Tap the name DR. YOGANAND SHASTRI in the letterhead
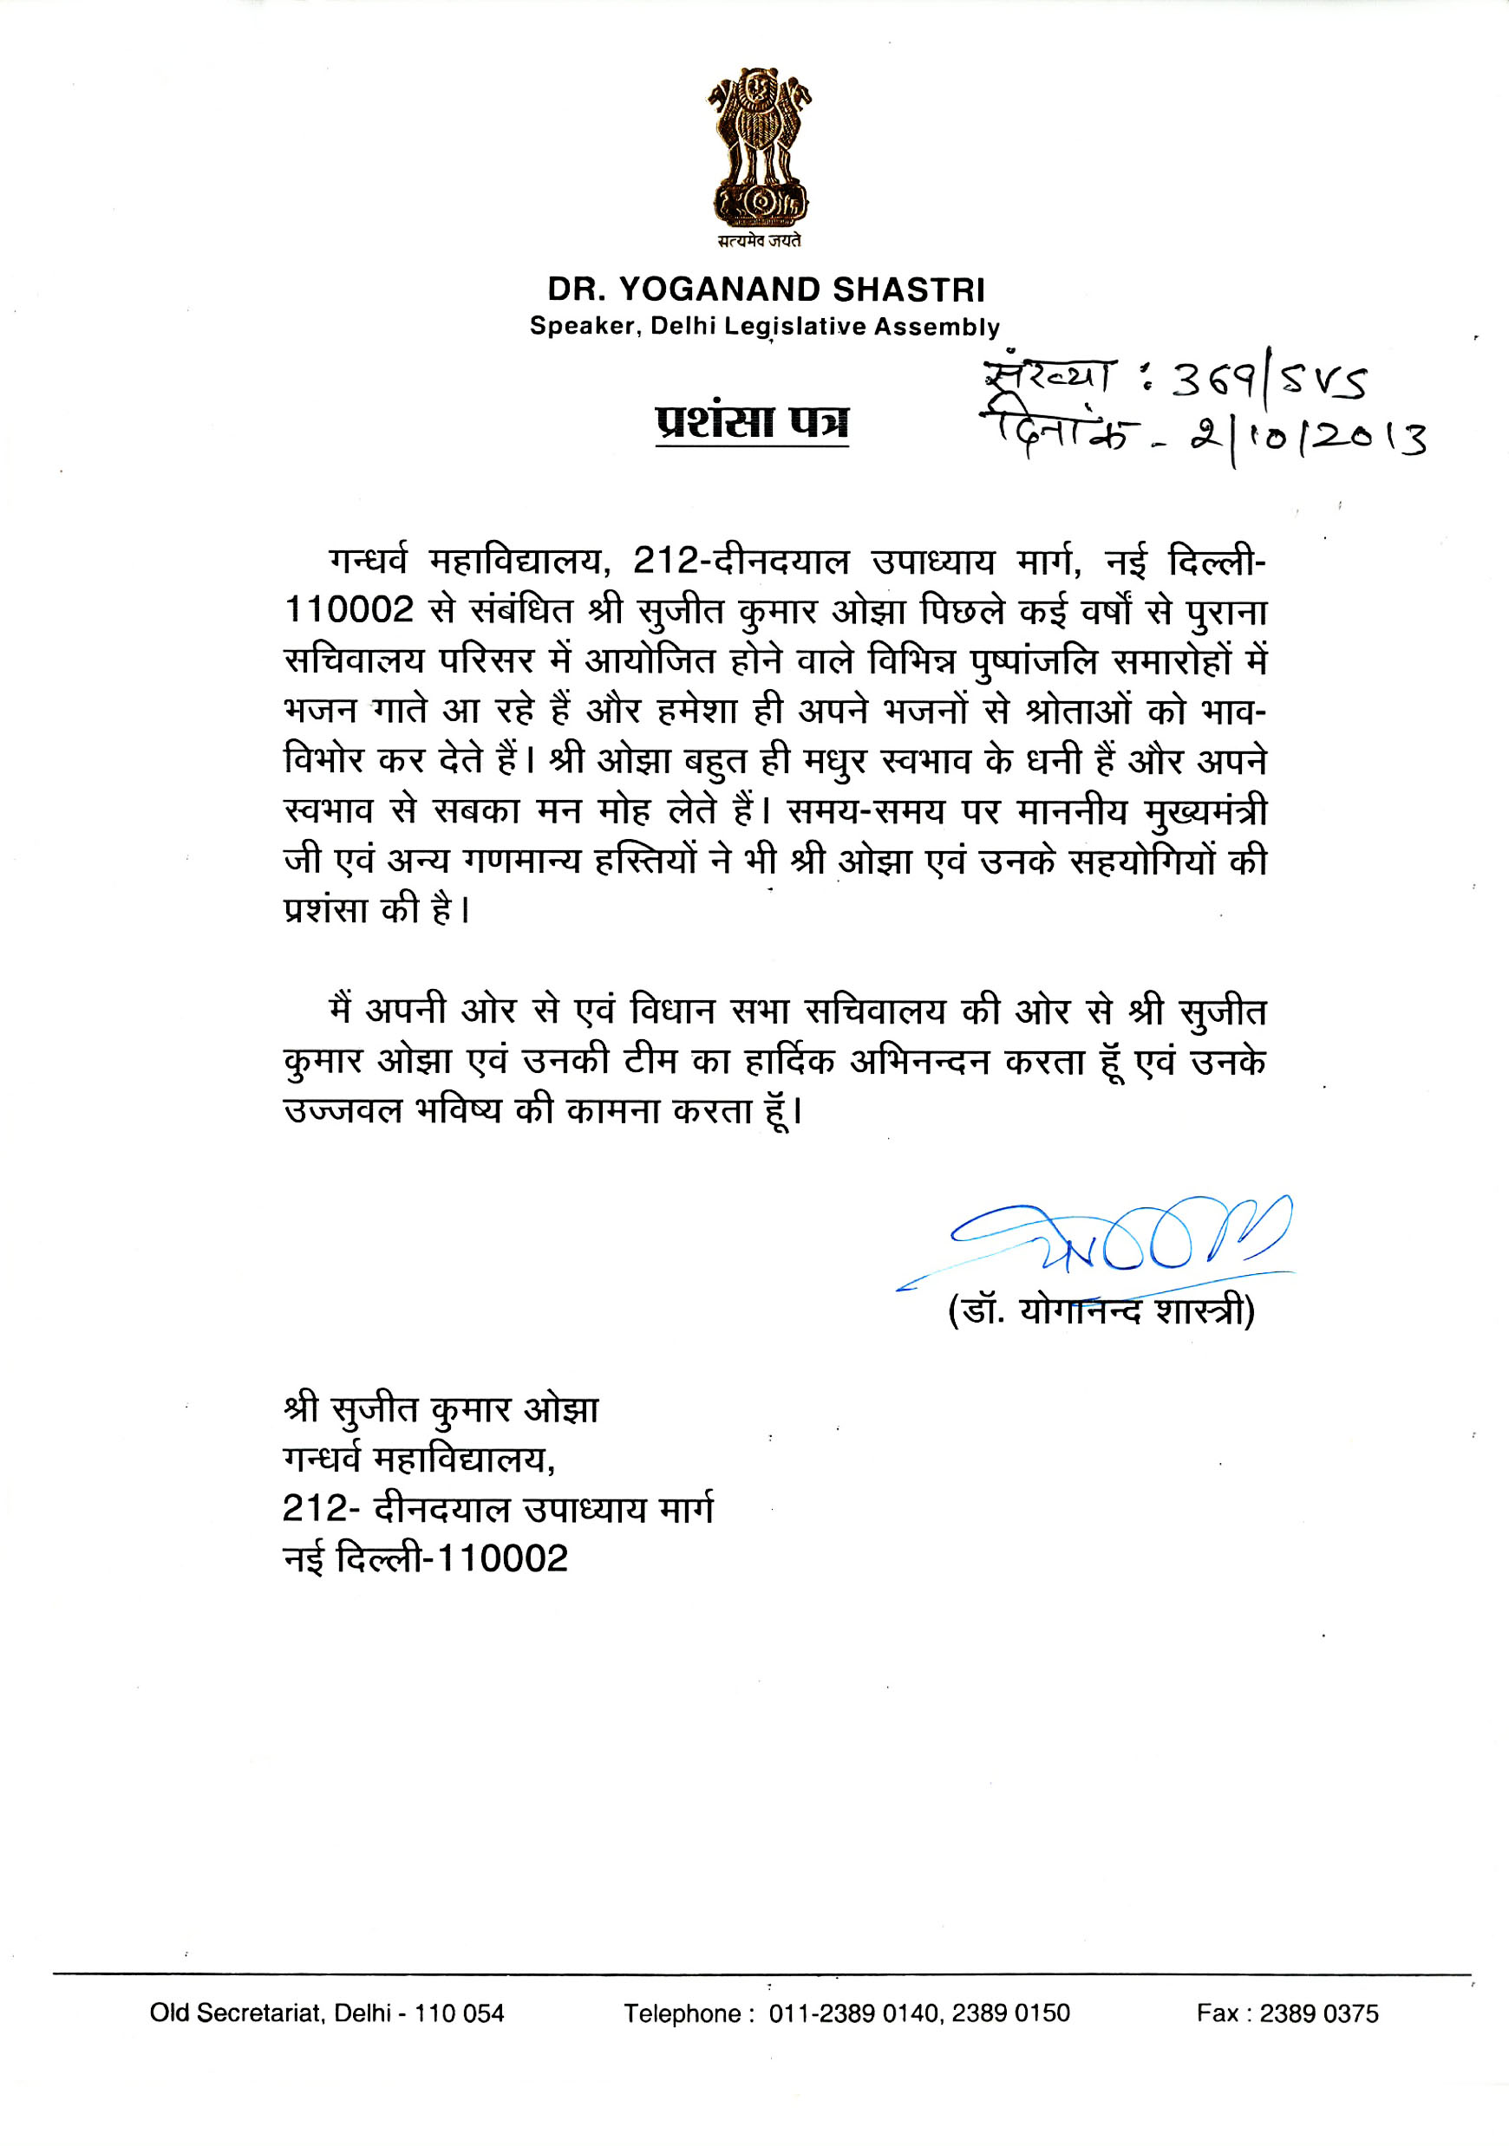coord(766,289)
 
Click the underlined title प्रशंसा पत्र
coord(752,421)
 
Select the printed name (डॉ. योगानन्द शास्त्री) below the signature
coord(1101,1310)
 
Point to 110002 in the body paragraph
coord(349,610)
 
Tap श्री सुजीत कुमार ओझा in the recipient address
coord(441,1408)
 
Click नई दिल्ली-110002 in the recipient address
coord(426,1558)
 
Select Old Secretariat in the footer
coord(235,2013)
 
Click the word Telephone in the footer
coord(683,2013)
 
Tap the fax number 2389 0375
coord(1318,2013)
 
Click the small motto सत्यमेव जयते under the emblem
coord(758,241)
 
